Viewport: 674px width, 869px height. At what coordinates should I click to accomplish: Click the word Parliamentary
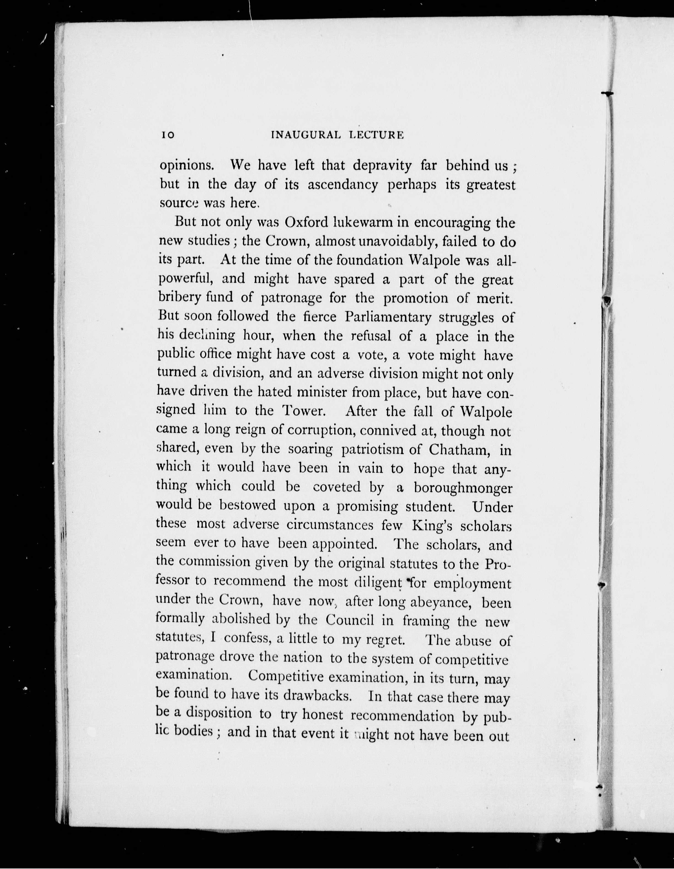(x=388, y=317)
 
